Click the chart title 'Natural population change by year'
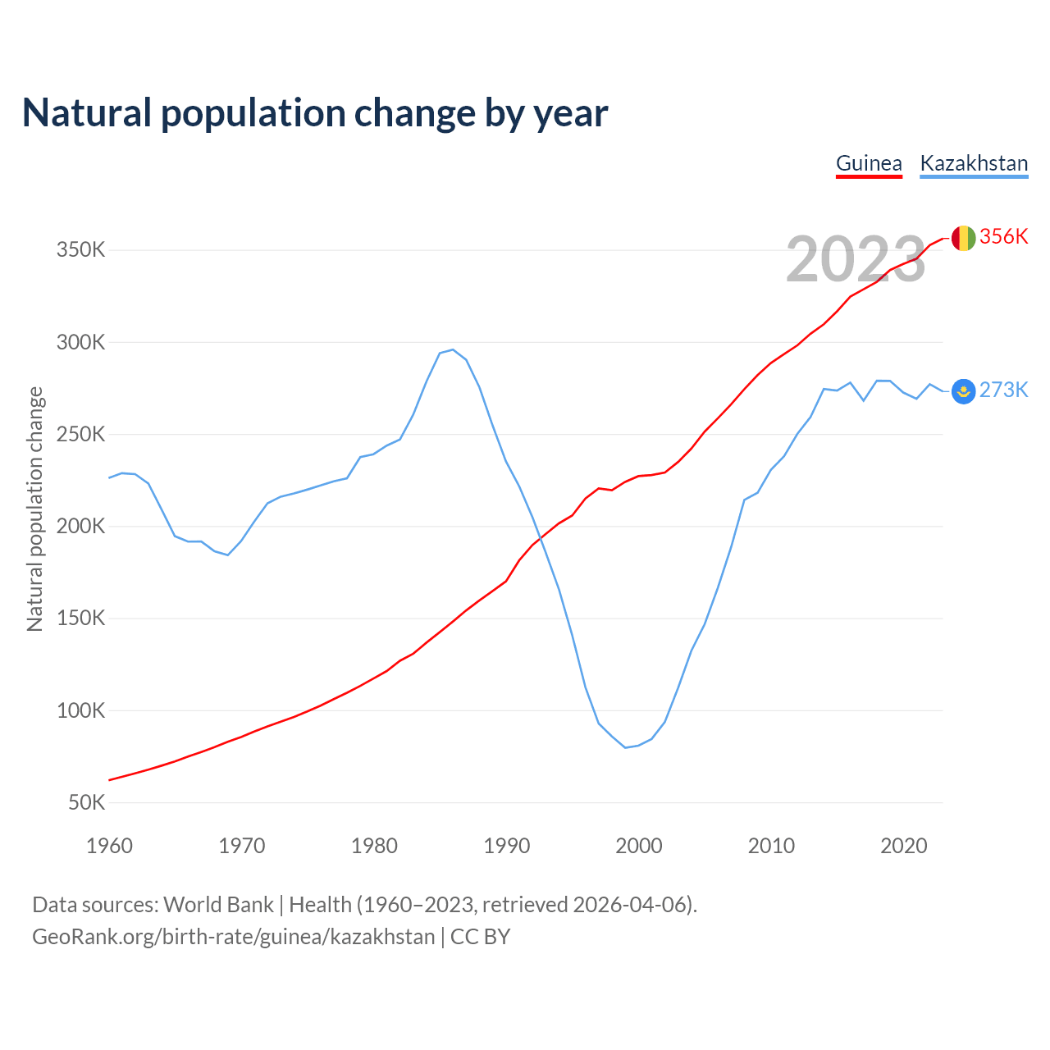coord(315,113)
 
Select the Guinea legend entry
coord(869,163)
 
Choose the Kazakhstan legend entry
coord(974,163)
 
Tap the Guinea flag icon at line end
coord(963,238)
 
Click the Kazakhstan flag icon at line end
coord(963,391)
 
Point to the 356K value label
coord(1003,236)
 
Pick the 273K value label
coord(1003,390)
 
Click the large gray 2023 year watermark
coord(856,260)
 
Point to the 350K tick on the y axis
coord(80,249)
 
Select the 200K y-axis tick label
coord(80,526)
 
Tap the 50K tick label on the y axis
coord(86,802)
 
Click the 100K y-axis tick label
coord(80,710)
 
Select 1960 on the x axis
coord(109,846)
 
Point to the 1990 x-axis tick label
coord(506,846)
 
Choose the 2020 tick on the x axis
coord(903,846)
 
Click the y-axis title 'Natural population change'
coord(34,509)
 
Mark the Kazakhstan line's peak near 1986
coord(453,349)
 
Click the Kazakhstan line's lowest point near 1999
coord(625,747)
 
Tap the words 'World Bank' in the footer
coord(218,905)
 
